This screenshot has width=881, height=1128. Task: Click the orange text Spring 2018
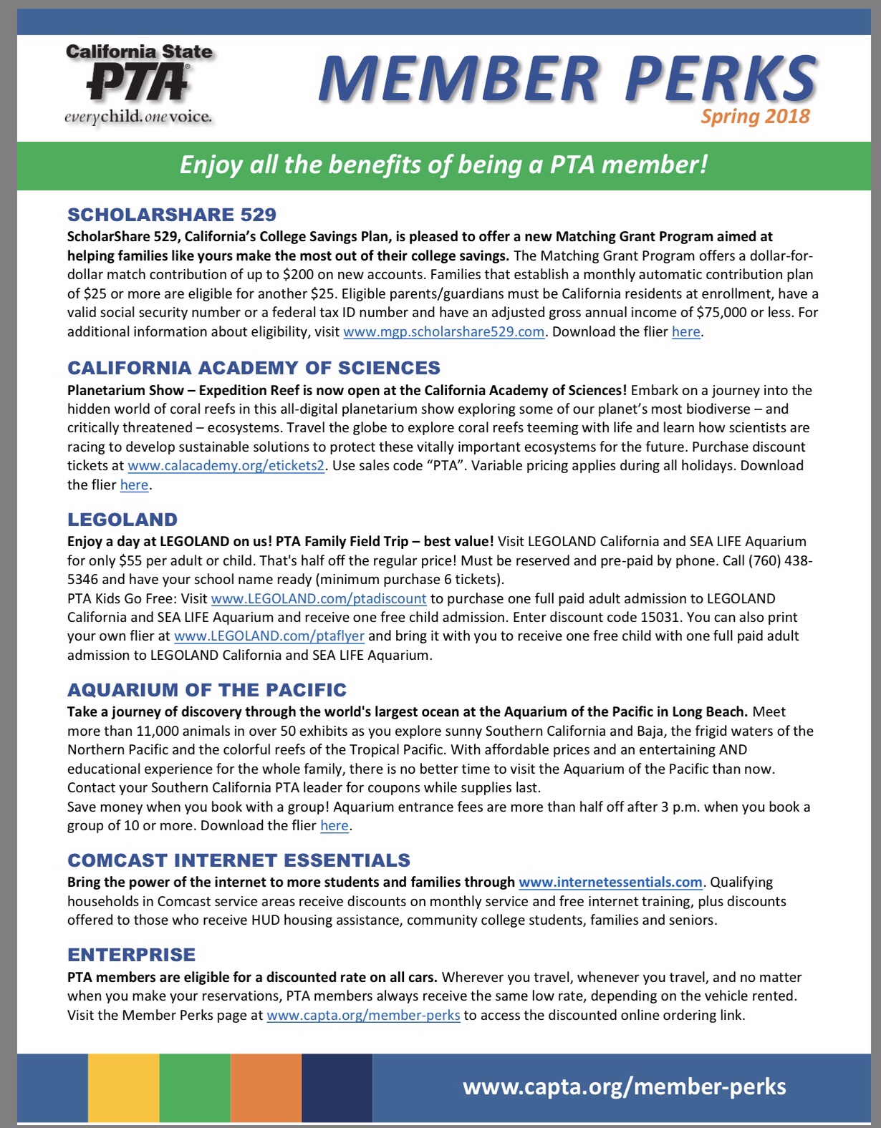tap(755, 117)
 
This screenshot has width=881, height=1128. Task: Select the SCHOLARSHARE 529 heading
tap(172, 215)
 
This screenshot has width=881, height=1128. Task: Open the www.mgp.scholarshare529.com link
tap(444, 332)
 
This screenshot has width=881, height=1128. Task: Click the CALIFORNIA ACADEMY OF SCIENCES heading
tap(254, 368)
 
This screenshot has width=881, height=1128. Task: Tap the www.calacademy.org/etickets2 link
tap(226, 466)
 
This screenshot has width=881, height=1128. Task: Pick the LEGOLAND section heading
tap(122, 520)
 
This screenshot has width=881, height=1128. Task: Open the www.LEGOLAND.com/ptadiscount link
tap(319, 598)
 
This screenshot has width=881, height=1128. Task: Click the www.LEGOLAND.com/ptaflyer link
tap(269, 636)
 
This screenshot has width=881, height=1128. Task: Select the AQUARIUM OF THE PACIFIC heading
tap(207, 690)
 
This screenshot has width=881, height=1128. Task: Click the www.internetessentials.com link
tap(610, 883)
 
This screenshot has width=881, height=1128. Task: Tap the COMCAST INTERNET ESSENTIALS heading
tap(239, 860)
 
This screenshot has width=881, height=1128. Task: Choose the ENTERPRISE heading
tap(132, 955)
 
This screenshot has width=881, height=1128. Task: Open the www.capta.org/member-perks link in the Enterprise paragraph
tap(363, 1016)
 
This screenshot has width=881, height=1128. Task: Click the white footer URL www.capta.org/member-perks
tap(624, 1087)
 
